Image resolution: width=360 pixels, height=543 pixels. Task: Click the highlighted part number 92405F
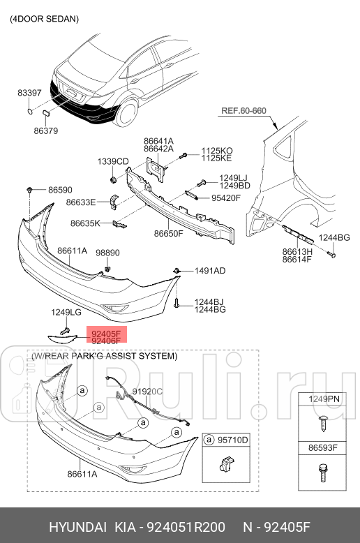click(106, 334)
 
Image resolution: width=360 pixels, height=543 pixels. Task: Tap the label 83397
click(29, 93)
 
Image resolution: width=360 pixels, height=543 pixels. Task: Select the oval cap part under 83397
click(31, 111)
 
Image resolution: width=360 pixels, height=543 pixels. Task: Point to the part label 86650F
click(169, 233)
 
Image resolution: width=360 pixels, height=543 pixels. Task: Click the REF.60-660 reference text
click(243, 111)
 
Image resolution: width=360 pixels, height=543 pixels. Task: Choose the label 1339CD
click(113, 161)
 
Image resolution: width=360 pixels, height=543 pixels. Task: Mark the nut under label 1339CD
click(113, 180)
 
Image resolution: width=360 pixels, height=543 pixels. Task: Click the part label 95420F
click(226, 198)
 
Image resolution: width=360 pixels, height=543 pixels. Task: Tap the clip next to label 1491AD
click(177, 270)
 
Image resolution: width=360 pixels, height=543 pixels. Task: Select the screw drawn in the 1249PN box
click(323, 423)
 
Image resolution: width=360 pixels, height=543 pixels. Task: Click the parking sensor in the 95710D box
click(226, 463)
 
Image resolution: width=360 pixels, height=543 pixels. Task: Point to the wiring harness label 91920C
click(147, 392)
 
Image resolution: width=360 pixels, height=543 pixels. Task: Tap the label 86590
click(60, 190)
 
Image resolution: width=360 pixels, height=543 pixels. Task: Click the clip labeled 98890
click(107, 269)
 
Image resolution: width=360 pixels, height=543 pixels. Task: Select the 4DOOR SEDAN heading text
click(45, 19)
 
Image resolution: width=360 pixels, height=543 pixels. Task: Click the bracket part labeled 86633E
click(114, 202)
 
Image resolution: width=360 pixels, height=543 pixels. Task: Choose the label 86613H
click(297, 252)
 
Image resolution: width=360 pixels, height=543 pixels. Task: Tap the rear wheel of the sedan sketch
click(127, 112)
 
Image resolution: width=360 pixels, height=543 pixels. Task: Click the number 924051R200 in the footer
click(186, 527)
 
